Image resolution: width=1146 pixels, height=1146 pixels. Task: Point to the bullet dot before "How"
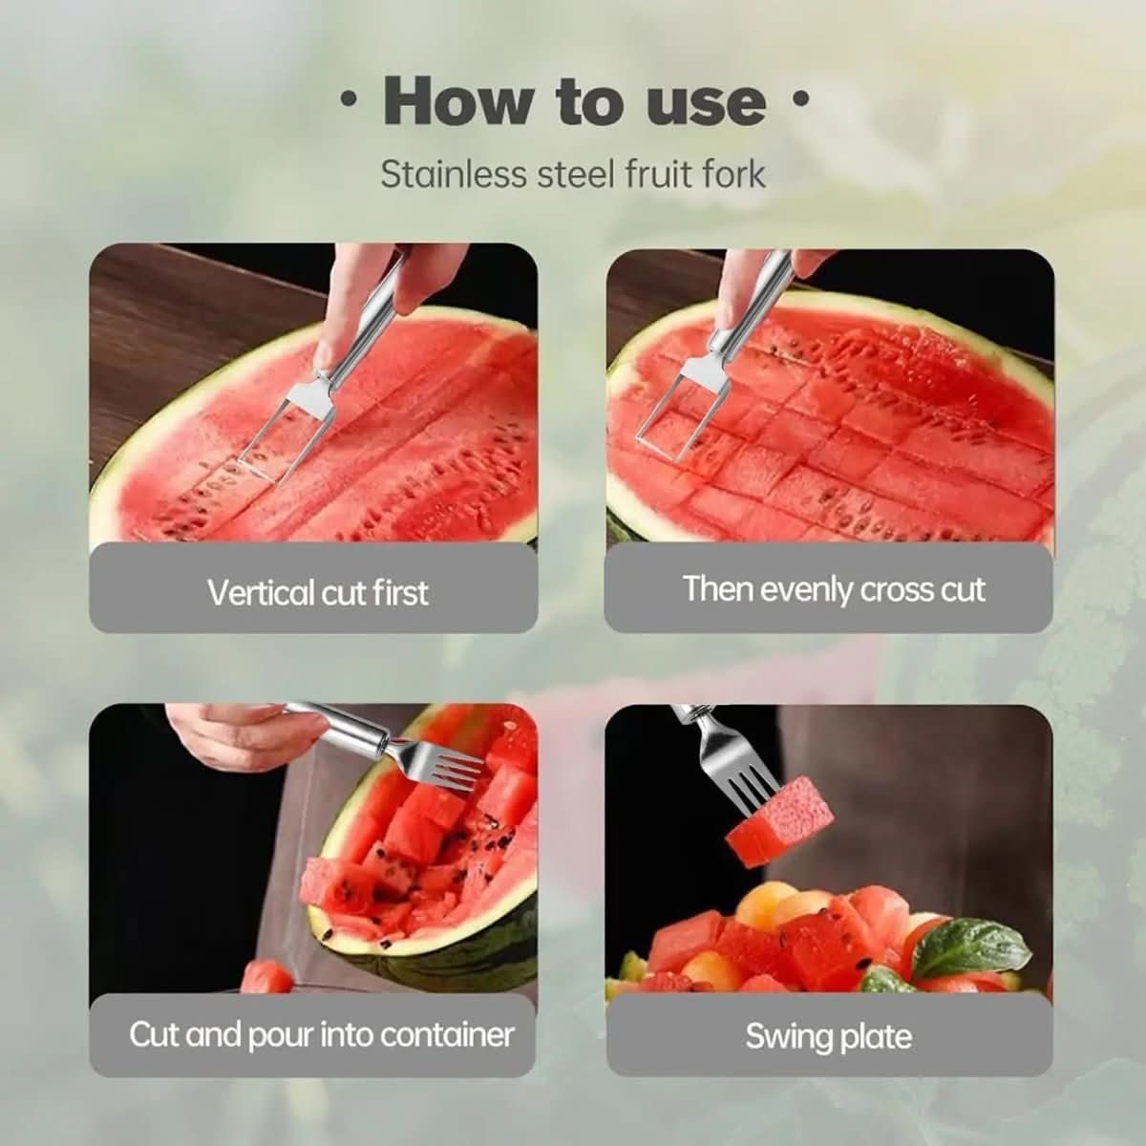350,98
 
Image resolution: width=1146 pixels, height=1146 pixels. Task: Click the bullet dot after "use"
801,98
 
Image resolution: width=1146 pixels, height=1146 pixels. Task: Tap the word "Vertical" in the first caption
261,593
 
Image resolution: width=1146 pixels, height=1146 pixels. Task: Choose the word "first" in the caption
399,593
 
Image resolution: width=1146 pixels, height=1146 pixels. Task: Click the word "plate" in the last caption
875,1037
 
